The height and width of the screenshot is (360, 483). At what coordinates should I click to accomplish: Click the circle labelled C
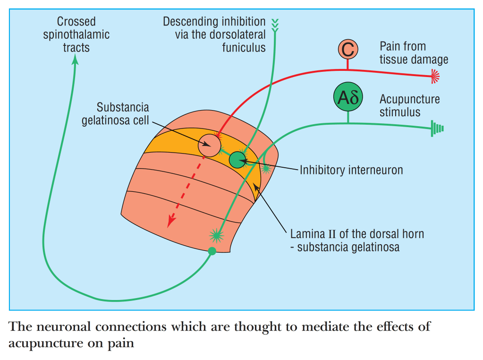(348, 49)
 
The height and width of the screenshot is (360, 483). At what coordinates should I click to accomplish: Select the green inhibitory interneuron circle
(238, 160)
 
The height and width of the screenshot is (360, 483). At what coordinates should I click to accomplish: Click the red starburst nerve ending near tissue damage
(434, 75)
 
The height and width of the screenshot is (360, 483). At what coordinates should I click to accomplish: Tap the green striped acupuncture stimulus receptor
(437, 129)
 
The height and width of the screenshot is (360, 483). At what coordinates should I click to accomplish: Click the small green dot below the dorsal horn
(212, 251)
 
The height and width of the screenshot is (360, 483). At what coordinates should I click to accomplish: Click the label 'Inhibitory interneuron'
(351, 170)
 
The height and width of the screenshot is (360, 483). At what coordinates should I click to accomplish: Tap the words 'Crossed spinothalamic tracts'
(76, 34)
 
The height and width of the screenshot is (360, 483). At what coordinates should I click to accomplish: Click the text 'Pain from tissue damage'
(414, 53)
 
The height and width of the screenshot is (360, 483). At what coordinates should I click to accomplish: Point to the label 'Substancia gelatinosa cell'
(115, 113)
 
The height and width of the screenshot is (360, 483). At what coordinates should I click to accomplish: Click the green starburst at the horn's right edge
(266, 168)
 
